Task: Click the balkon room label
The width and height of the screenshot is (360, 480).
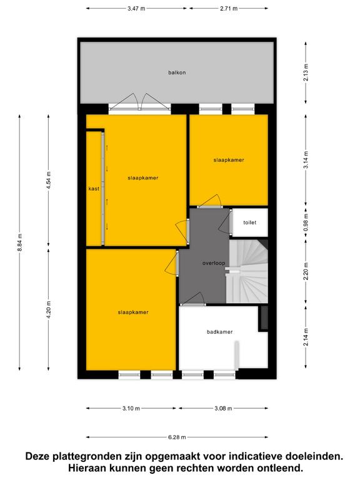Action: (177, 72)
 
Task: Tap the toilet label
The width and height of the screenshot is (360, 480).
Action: (250, 222)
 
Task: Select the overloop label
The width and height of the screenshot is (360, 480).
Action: (214, 263)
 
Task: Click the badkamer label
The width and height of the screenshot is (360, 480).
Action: (219, 332)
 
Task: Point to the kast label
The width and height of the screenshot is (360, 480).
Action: (94, 189)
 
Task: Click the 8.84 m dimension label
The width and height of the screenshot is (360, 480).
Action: (20, 242)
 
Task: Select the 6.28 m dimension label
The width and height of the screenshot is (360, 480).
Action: (177, 437)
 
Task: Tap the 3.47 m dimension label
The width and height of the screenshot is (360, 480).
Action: (136, 9)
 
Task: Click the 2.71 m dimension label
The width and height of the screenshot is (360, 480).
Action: (229, 9)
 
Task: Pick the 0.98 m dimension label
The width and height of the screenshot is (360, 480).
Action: (306, 222)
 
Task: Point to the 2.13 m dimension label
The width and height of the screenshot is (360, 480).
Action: (306, 72)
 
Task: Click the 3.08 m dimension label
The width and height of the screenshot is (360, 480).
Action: (223, 408)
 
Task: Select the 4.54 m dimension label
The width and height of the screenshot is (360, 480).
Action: (49, 181)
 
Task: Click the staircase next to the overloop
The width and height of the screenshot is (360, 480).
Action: (247, 271)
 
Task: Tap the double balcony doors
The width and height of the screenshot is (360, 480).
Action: (140, 101)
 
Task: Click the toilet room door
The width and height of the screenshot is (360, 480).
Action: (226, 223)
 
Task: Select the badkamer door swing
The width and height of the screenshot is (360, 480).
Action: (193, 299)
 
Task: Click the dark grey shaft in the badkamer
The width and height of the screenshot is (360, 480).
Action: (264, 318)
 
